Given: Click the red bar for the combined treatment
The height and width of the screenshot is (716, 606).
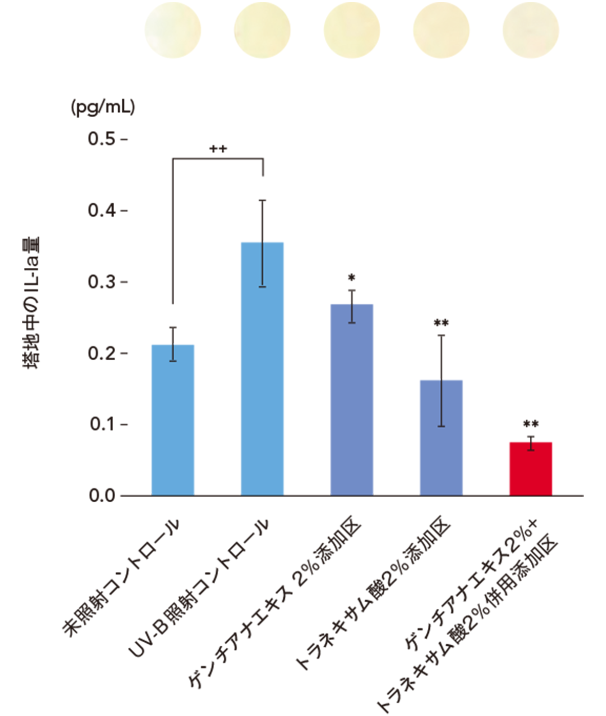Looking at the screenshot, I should coord(530,468).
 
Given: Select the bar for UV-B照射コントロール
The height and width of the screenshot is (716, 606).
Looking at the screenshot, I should coord(262,369).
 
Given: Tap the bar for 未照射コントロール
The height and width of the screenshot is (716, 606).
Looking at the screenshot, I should coord(173,420).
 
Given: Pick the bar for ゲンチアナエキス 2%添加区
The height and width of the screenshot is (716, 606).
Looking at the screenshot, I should coord(351,400).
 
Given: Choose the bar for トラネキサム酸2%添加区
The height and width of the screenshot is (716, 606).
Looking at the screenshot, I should coord(441,438).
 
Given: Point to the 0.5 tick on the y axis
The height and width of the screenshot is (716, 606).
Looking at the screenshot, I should coord(102,139).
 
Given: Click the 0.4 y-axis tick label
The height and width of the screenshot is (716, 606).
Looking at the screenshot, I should coord(102,210).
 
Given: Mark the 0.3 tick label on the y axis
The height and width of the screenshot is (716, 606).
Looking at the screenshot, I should coord(102,282).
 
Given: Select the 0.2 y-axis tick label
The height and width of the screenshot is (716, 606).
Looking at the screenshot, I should coord(102,353).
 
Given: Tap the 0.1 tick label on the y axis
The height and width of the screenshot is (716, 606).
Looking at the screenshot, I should coord(102,424).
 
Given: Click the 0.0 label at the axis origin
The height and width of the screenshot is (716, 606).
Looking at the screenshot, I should coord(102,496).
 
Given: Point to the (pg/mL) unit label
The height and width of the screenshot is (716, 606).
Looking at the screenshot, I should coord(103,107).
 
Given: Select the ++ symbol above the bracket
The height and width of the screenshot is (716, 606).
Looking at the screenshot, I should coord(218,149).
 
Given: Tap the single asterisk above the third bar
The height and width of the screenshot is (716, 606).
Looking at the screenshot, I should coord(351,278).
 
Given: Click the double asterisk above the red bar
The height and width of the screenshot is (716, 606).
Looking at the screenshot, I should coord(530,424).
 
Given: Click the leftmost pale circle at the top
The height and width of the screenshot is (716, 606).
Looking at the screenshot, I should coord(173,30).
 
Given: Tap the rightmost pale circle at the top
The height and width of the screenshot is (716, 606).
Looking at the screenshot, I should coord(531,30).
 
